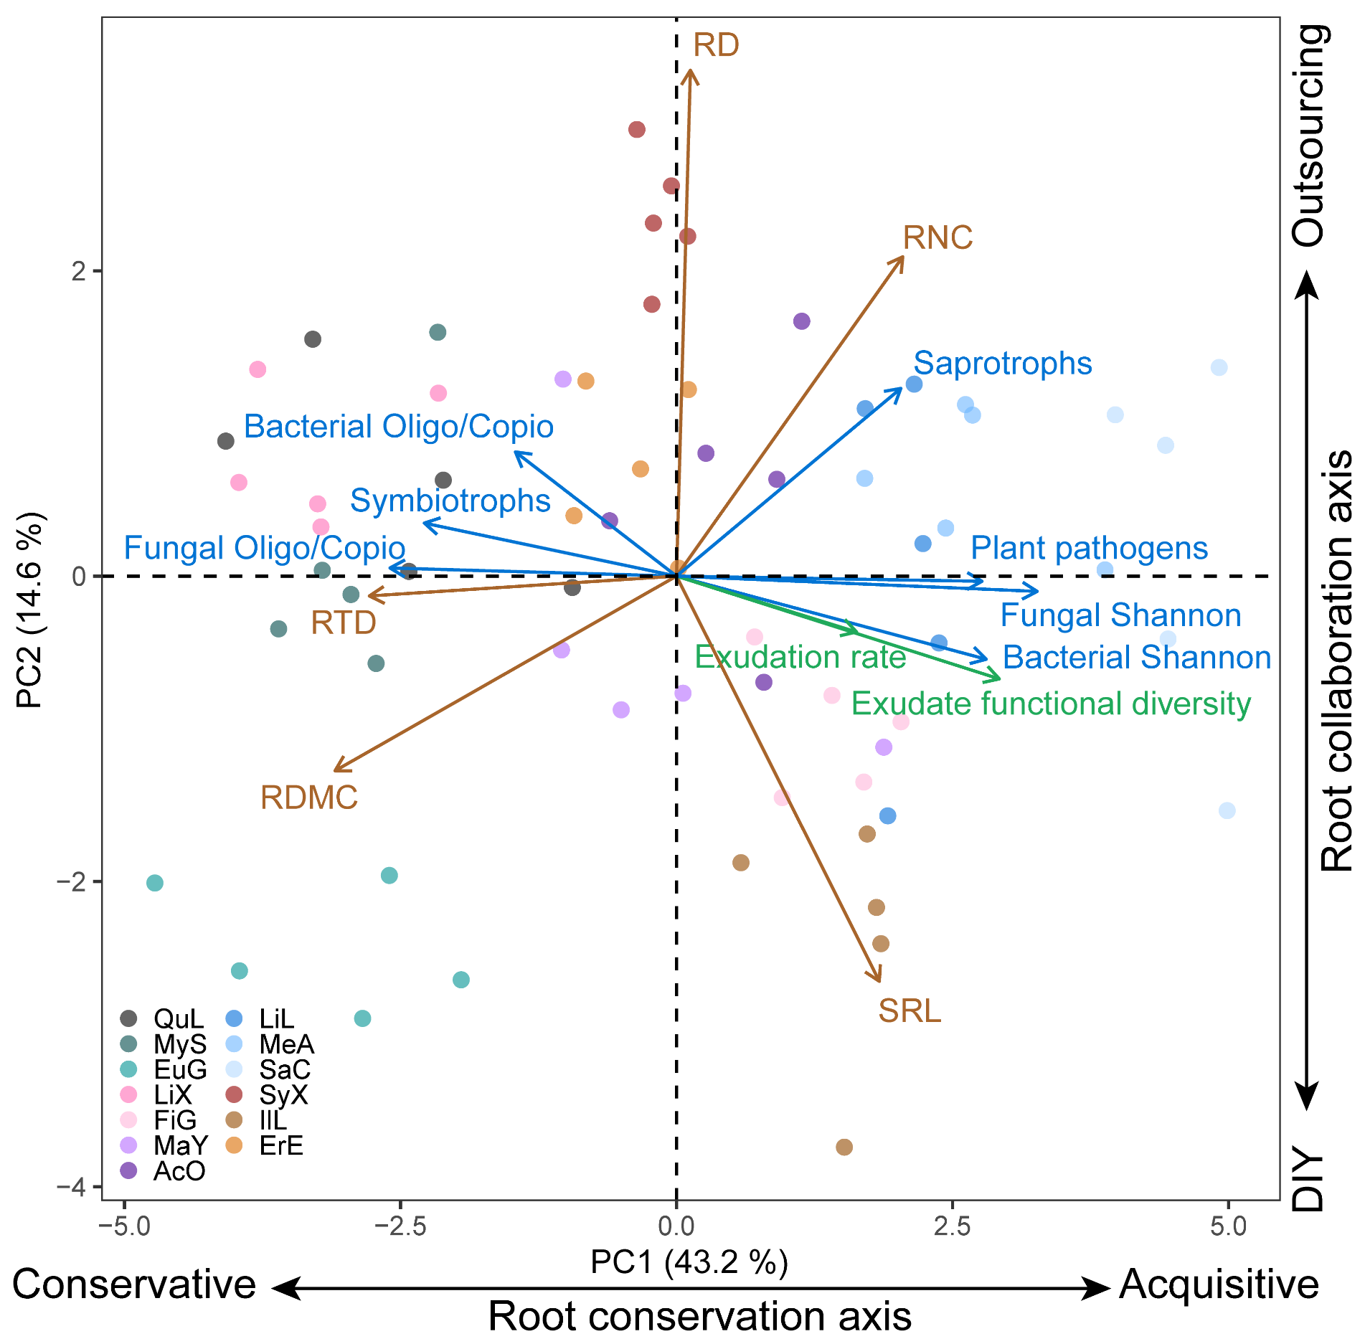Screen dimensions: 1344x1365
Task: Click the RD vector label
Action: click(716, 46)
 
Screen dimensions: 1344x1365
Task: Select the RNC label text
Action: click(937, 238)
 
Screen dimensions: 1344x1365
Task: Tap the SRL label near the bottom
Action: click(910, 1011)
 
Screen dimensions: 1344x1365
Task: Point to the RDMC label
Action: click(309, 798)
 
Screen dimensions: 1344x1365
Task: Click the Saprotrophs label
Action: click(1002, 364)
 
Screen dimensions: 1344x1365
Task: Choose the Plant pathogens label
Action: click(1089, 549)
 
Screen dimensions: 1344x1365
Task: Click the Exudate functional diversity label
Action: click(1051, 704)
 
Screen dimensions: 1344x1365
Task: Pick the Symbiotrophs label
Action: click(450, 501)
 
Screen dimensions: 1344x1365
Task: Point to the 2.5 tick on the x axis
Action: click(953, 1226)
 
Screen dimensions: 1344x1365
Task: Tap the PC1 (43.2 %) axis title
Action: click(689, 1262)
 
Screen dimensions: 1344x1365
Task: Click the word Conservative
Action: click(134, 1284)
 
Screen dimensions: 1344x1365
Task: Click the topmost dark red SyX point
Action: click(637, 130)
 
